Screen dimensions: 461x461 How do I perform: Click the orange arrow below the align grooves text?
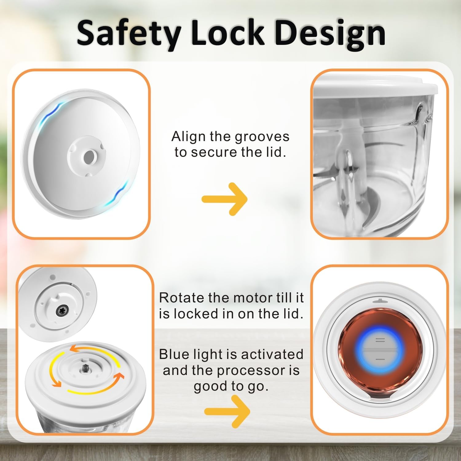[x=225, y=199]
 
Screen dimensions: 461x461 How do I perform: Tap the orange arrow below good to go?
[x=227, y=411]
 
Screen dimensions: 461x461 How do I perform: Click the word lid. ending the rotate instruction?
[x=292, y=313]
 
